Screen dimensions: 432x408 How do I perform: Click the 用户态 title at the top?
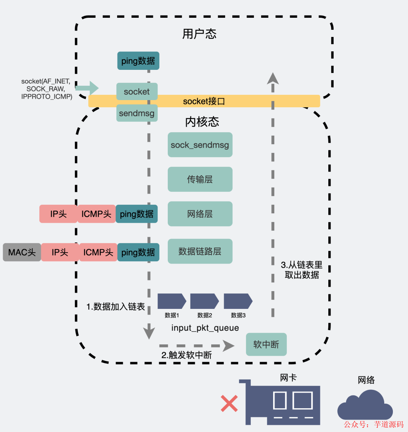(199, 34)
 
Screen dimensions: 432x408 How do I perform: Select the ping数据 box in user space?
(138, 61)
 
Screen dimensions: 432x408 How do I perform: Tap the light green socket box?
(137, 91)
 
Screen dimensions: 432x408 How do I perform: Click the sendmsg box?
(137, 113)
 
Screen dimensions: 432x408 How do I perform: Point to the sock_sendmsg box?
(200, 145)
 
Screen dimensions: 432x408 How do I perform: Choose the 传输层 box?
(200, 179)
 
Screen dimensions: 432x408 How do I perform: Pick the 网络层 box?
(200, 214)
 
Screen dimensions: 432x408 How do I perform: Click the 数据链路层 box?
(200, 251)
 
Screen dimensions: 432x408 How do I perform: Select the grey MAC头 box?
(22, 252)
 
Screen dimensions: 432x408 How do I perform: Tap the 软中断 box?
(266, 344)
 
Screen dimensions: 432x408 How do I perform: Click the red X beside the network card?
(229, 403)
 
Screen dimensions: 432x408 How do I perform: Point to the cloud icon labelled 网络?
(365, 404)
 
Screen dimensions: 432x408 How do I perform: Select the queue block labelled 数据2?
(204, 301)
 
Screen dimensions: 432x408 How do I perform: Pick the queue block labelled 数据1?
(172, 301)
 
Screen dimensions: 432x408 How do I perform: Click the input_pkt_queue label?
(205, 328)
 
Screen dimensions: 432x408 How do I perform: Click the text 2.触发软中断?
(187, 355)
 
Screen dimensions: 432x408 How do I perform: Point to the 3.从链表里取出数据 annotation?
(301, 270)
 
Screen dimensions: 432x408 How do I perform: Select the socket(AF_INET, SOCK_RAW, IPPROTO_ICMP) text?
(46, 89)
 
